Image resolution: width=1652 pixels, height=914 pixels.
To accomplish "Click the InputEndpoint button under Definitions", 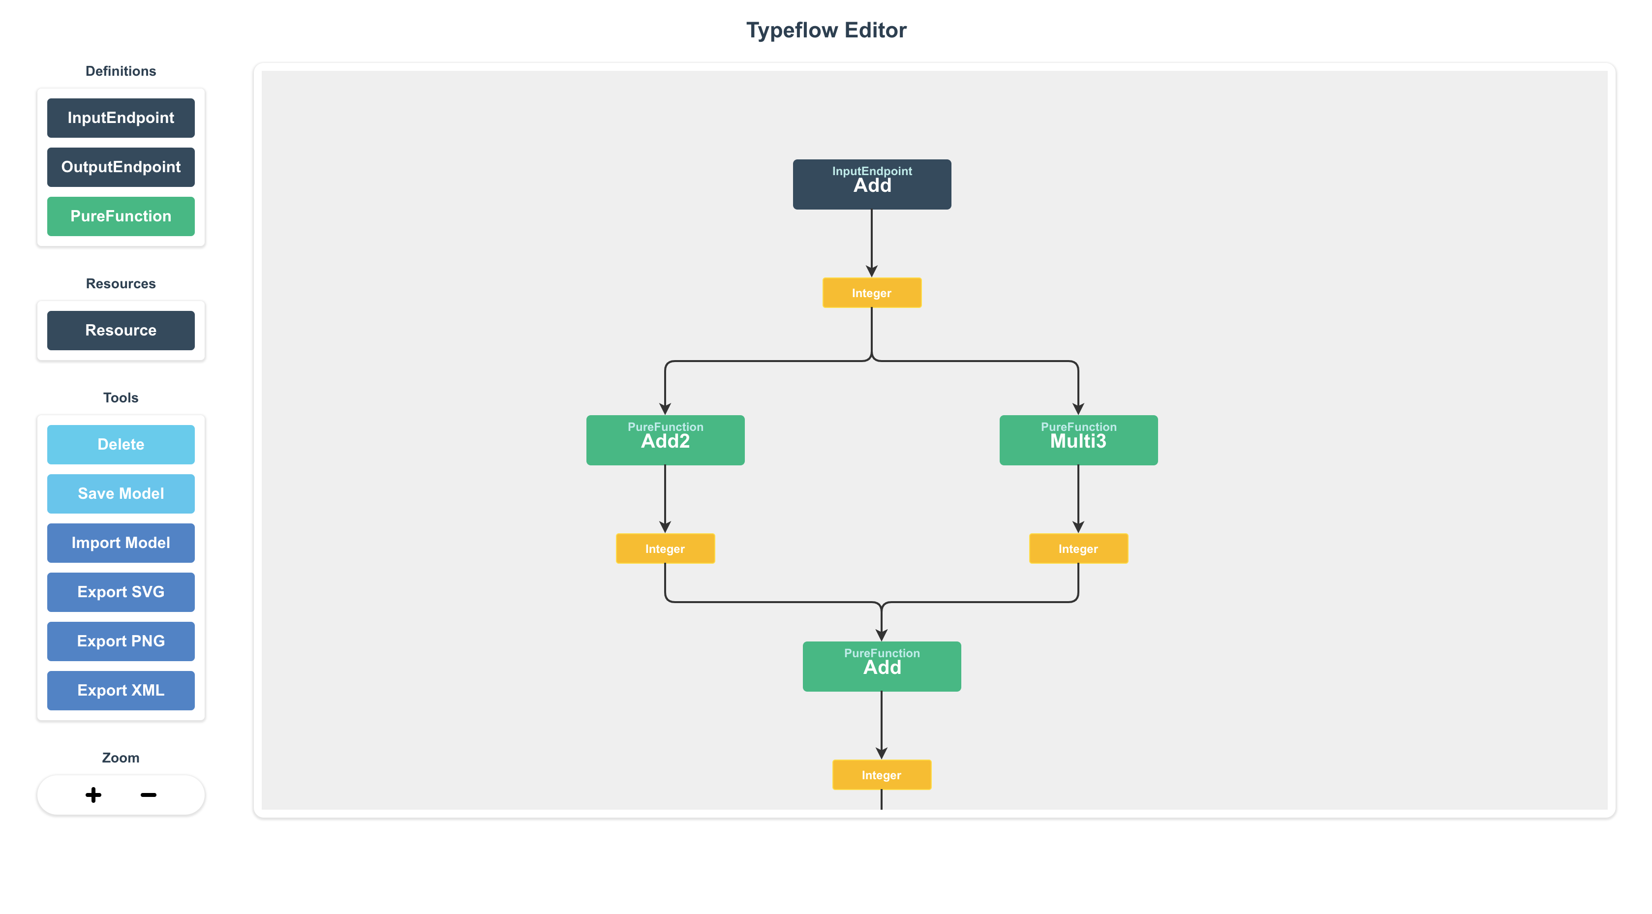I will [x=121, y=118].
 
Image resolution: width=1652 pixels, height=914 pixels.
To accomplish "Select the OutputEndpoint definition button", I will [x=121, y=167].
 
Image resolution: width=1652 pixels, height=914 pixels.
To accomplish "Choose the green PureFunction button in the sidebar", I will [x=121, y=216].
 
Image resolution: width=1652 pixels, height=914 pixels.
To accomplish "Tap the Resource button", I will [x=121, y=330].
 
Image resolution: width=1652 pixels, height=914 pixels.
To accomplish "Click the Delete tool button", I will [x=121, y=445].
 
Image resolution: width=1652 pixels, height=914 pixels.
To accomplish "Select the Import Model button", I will [x=121, y=543].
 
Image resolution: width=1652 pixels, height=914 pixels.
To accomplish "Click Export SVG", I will [x=121, y=592].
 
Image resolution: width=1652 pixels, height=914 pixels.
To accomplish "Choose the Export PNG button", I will [x=121, y=641].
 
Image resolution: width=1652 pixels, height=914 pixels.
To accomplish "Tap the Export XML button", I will [x=121, y=690].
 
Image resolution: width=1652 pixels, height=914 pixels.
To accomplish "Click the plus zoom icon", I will [x=93, y=795].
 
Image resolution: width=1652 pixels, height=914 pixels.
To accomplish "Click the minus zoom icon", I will [x=148, y=795].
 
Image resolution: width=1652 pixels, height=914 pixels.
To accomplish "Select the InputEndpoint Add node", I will [x=872, y=184].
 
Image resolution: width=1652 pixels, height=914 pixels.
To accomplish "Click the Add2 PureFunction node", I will [x=665, y=440].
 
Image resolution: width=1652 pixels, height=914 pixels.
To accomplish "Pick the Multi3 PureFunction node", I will [x=1078, y=440].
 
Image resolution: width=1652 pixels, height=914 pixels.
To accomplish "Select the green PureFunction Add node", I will [x=881, y=667].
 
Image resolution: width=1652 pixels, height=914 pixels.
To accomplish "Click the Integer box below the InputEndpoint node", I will [x=872, y=293].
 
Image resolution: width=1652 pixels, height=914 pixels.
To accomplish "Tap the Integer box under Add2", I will [x=665, y=549].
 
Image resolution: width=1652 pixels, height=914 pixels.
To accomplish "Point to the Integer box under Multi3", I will [x=1078, y=549].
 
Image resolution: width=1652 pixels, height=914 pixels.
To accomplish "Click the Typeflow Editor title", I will [x=826, y=30].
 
